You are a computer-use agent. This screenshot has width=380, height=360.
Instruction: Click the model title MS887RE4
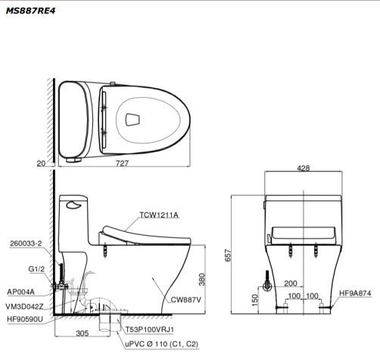[30, 11]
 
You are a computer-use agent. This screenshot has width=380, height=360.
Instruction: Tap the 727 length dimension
[122, 163]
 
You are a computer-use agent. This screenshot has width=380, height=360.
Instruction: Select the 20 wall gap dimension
[41, 164]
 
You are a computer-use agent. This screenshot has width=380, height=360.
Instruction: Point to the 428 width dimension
[303, 168]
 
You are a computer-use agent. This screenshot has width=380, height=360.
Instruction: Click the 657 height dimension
[228, 255]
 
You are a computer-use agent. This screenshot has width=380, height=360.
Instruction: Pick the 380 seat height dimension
[202, 280]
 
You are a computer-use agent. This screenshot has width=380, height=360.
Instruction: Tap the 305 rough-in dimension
[83, 333]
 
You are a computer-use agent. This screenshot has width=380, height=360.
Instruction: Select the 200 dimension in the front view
[291, 283]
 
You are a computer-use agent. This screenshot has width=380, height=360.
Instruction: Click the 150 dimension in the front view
[255, 300]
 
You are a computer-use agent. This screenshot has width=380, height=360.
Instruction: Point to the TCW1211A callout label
[159, 215]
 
